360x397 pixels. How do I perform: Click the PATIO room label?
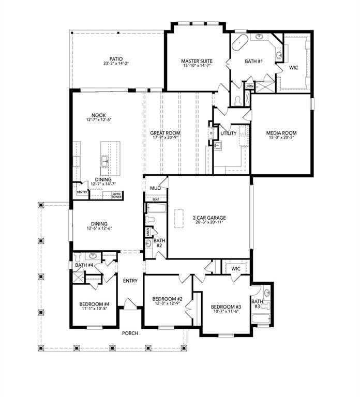(x=115, y=59)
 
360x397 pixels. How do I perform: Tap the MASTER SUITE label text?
(x=197, y=60)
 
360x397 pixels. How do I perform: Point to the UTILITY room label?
(x=228, y=133)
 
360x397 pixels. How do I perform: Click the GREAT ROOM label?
(x=166, y=133)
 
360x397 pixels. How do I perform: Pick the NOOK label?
(x=98, y=115)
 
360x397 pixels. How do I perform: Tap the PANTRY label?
(x=82, y=192)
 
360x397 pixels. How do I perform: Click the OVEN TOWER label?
(x=116, y=195)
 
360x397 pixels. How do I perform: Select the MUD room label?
(x=155, y=189)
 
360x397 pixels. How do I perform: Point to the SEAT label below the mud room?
(x=155, y=199)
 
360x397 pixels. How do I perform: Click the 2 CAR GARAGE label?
(x=209, y=218)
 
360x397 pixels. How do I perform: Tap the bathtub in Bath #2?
(x=156, y=209)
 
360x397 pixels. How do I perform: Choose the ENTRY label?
(x=130, y=280)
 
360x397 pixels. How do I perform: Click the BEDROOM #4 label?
(x=94, y=304)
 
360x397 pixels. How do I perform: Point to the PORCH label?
(x=130, y=333)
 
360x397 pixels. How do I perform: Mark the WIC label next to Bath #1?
(x=293, y=67)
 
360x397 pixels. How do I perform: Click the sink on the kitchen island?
(x=105, y=161)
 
